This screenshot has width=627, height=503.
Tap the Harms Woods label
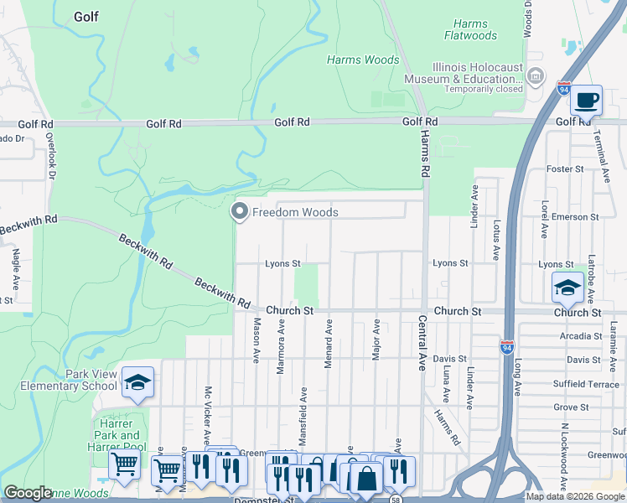[x=363, y=60]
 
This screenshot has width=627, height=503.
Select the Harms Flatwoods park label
[x=470, y=30]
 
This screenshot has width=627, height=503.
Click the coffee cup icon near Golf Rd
[x=587, y=100]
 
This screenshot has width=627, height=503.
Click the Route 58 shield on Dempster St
[x=396, y=498]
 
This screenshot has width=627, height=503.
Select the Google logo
[x=28, y=493]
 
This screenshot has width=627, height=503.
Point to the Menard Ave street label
[x=329, y=340]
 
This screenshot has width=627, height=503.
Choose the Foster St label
[x=564, y=169]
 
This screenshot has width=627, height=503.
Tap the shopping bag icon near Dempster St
[x=367, y=480]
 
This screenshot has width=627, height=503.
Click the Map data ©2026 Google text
[x=575, y=496]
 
